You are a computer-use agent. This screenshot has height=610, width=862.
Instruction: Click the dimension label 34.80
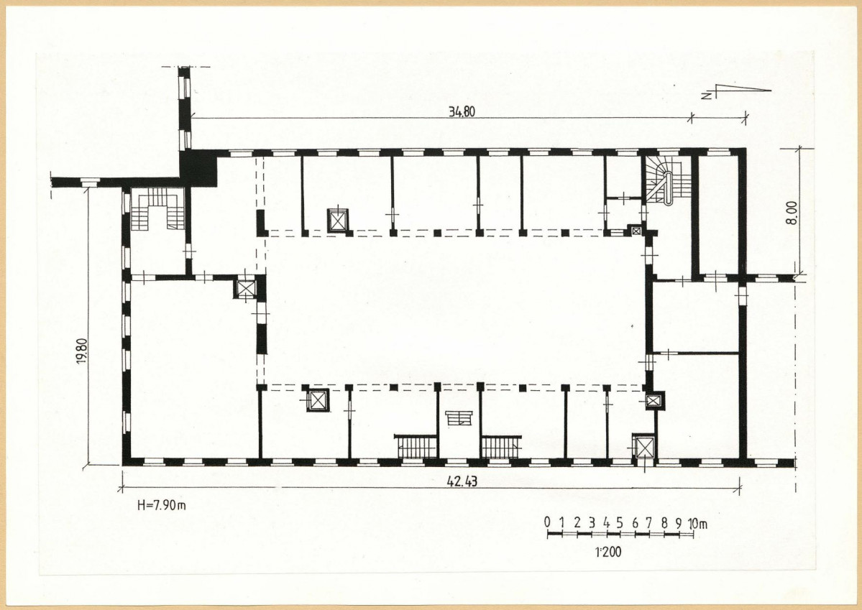click(x=462, y=112)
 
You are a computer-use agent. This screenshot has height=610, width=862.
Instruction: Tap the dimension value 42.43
click(x=462, y=482)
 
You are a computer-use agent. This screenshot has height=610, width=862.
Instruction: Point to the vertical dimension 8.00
click(x=791, y=213)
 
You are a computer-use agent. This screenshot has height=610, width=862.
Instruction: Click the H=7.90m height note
click(x=162, y=505)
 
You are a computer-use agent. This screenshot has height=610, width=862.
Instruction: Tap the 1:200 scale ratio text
click(x=608, y=551)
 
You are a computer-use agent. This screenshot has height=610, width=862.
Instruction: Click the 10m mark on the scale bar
click(x=697, y=524)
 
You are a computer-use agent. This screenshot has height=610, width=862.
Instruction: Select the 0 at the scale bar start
click(x=548, y=522)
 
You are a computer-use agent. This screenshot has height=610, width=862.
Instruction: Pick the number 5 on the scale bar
click(x=620, y=522)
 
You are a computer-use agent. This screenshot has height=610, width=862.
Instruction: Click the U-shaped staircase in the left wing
click(x=158, y=209)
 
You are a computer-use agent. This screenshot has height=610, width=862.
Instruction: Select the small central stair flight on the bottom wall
click(x=459, y=418)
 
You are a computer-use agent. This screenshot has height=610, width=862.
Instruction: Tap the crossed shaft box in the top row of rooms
click(x=338, y=221)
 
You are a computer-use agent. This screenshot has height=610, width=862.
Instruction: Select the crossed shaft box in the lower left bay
click(x=317, y=400)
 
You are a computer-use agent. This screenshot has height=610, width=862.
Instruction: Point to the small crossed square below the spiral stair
click(x=636, y=231)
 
